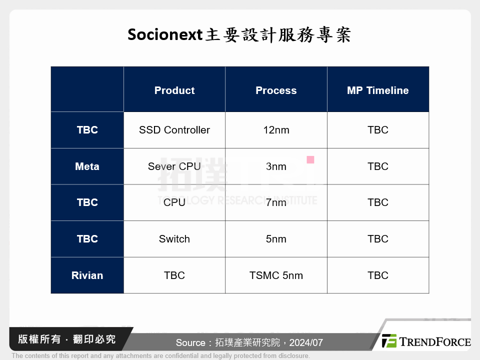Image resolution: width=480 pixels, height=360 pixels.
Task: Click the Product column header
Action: [174, 90]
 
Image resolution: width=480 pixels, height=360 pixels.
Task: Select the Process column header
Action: [276, 90]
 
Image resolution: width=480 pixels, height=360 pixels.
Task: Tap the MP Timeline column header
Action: [377, 90]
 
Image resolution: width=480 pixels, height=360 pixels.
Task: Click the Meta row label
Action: [87, 166]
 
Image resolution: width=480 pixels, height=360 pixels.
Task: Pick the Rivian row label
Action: [87, 275]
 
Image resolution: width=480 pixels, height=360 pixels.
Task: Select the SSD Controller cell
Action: [174, 130]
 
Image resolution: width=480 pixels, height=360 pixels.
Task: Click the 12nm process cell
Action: [276, 130]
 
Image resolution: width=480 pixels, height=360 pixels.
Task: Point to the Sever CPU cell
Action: [174, 166]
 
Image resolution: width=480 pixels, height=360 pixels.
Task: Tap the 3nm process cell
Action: [276, 166]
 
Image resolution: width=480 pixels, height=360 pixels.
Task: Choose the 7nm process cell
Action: [276, 202]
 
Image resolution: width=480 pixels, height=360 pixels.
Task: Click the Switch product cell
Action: [174, 239]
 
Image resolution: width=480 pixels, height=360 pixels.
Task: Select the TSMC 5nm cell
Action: [276, 275]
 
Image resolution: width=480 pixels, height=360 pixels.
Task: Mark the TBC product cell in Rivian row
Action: [174, 275]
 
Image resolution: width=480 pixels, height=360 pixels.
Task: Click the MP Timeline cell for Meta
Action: [377, 166]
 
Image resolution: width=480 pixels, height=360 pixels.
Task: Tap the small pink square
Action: [310, 160]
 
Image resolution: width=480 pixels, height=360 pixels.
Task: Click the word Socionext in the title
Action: [165, 35]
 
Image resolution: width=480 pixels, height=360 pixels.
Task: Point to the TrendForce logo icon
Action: [389, 341]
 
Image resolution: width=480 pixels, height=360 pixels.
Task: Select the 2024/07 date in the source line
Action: [306, 343]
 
